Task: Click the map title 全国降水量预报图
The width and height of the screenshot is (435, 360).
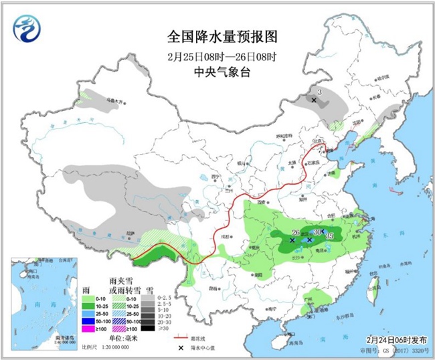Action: (220, 35)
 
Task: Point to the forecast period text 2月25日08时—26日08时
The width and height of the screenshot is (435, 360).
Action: (220, 55)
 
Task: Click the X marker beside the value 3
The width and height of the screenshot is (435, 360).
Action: (313, 100)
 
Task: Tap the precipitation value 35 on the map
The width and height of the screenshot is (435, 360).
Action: (330, 236)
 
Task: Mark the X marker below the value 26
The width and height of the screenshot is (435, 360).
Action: (292, 239)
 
